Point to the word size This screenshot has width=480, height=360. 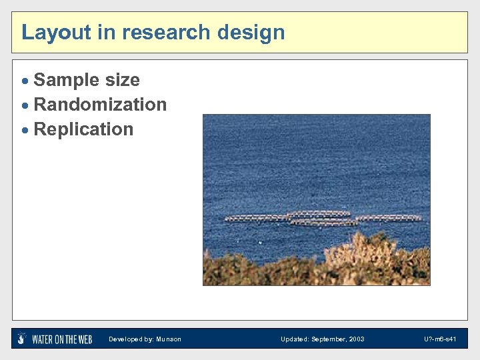pyautogui.click(x=122, y=80)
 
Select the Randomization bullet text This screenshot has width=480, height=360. pyautogui.click(x=100, y=105)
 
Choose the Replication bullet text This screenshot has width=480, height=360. pyautogui.click(x=83, y=129)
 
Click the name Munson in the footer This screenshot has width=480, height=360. pyautogui.click(x=169, y=339)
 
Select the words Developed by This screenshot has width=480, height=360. pyautogui.click(x=131, y=339)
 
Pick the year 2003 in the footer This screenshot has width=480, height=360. pyautogui.click(x=356, y=339)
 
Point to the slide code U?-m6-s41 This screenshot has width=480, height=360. pyautogui.click(x=440, y=339)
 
